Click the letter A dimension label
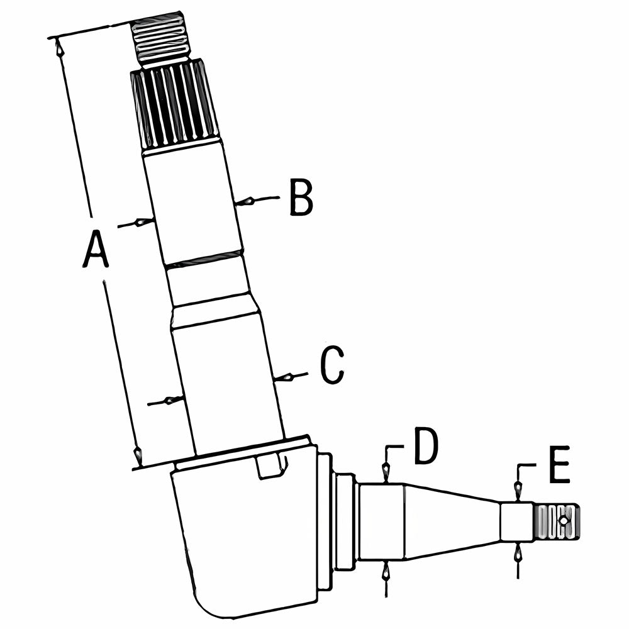pos(96,248)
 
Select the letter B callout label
pos(301,199)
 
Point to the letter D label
pos(426,446)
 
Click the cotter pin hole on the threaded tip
pos(564,521)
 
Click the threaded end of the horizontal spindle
pos(557,521)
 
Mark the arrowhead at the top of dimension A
pos(60,47)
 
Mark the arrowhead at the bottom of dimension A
pos(138,455)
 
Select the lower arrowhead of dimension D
pos(386,571)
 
